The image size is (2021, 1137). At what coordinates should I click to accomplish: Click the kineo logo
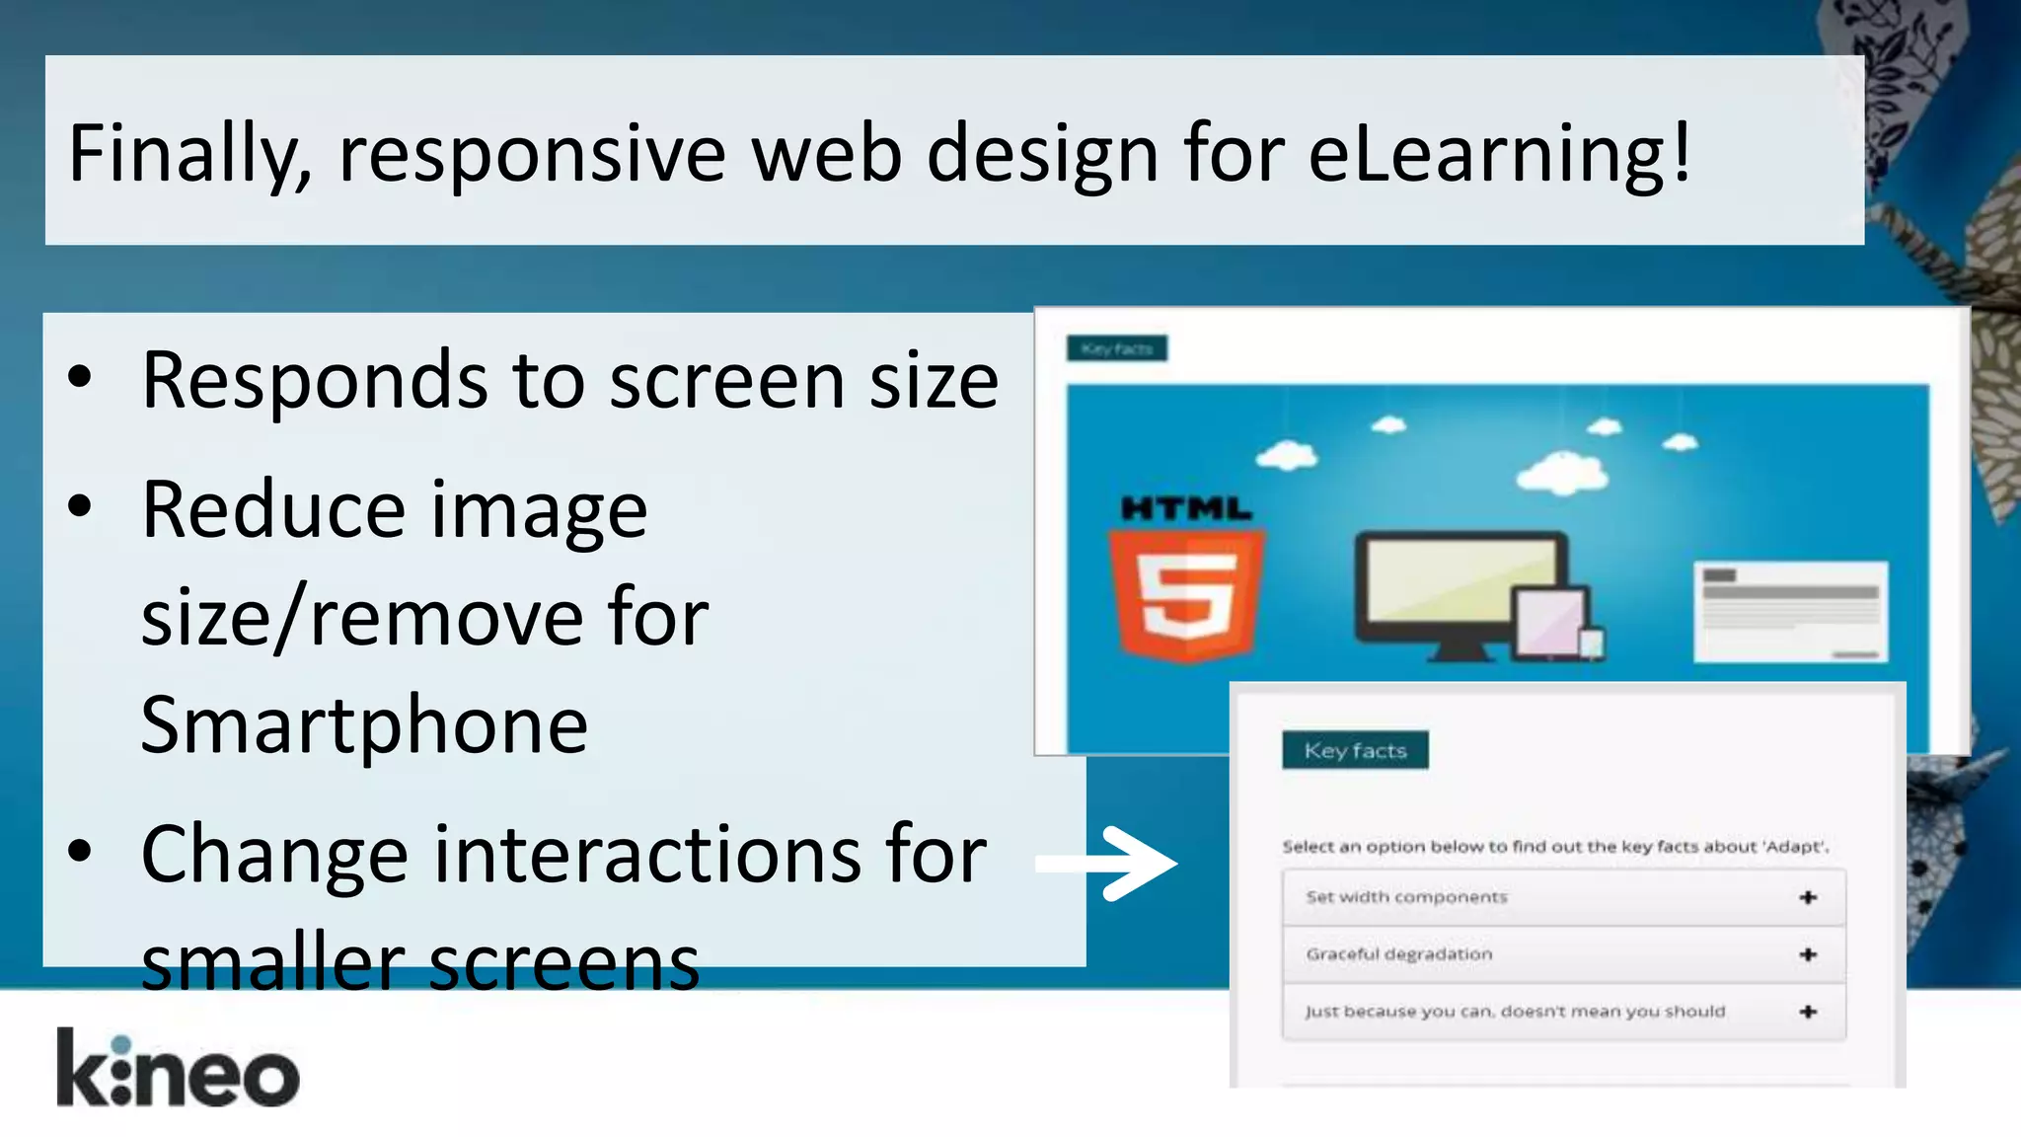pyautogui.click(x=178, y=1070)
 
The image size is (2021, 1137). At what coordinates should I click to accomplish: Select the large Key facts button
pyautogui.click(x=1355, y=750)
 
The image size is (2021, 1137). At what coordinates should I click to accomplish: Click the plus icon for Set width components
pyautogui.click(x=1808, y=897)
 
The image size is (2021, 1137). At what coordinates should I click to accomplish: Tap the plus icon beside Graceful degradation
pyautogui.click(x=1808, y=954)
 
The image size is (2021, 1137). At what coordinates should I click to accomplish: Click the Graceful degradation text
pyautogui.click(x=1399, y=954)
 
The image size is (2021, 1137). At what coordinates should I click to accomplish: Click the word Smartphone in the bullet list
pyautogui.click(x=364, y=725)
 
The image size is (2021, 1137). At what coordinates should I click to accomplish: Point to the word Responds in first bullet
pyautogui.click(x=314, y=381)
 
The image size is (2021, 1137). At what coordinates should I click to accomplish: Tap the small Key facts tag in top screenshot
pyautogui.click(x=1117, y=348)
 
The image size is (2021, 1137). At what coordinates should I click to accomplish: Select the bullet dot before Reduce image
pyautogui.click(x=80, y=507)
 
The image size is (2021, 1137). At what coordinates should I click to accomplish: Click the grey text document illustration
pyautogui.click(x=1790, y=612)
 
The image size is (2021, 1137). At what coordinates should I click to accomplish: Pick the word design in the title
pyautogui.click(x=1042, y=154)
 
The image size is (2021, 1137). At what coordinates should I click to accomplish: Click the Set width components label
pyautogui.click(x=1406, y=897)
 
